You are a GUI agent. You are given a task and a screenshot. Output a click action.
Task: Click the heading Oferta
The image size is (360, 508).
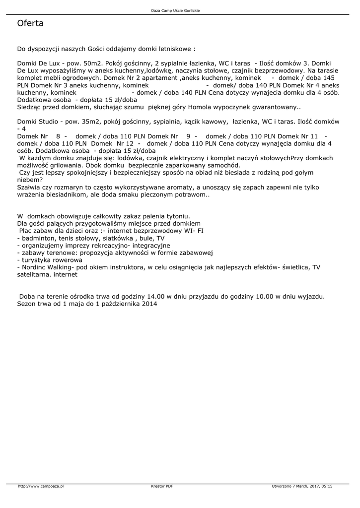click(x=30, y=23)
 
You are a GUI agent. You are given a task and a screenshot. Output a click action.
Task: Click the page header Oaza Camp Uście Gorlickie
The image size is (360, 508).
click(x=179, y=10)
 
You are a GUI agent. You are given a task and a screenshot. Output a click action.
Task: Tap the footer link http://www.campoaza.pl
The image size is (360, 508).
click(x=41, y=486)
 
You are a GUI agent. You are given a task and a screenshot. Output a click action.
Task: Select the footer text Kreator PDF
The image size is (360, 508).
click(x=162, y=486)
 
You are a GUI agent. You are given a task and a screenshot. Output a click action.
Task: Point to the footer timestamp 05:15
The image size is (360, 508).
click(x=327, y=486)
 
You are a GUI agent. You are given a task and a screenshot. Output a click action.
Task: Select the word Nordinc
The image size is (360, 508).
click(x=34, y=267)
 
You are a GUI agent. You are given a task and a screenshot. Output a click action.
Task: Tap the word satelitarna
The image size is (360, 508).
click(x=33, y=274)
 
